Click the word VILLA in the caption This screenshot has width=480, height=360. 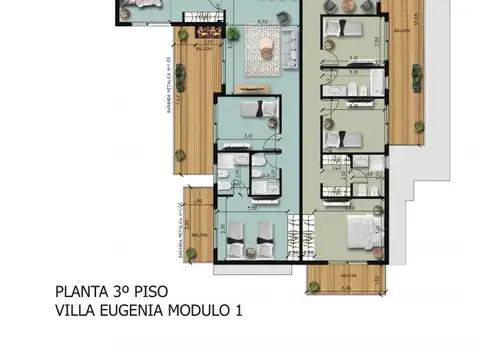click(74, 311)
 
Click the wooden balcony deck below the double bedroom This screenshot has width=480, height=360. click(344, 279)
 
